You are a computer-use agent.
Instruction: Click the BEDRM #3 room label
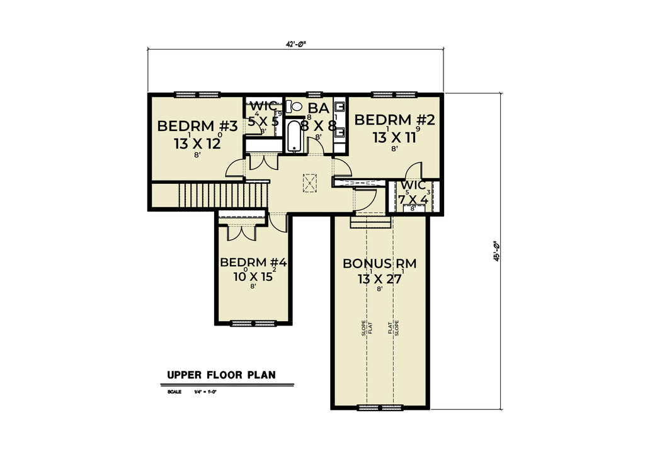(x=197, y=126)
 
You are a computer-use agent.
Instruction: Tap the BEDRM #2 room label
(x=395, y=120)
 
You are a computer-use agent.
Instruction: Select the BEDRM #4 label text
(x=253, y=263)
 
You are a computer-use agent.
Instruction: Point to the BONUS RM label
(x=379, y=263)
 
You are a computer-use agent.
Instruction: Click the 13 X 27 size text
(x=379, y=279)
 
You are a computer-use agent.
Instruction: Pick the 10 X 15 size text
(x=253, y=276)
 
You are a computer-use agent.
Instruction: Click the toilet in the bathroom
(x=297, y=106)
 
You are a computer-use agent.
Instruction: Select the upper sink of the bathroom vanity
(x=340, y=106)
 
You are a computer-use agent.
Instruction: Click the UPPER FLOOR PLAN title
(x=221, y=375)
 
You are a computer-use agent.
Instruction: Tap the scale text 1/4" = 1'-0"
(x=205, y=392)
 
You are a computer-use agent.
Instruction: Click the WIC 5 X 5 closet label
(x=263, y=114)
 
